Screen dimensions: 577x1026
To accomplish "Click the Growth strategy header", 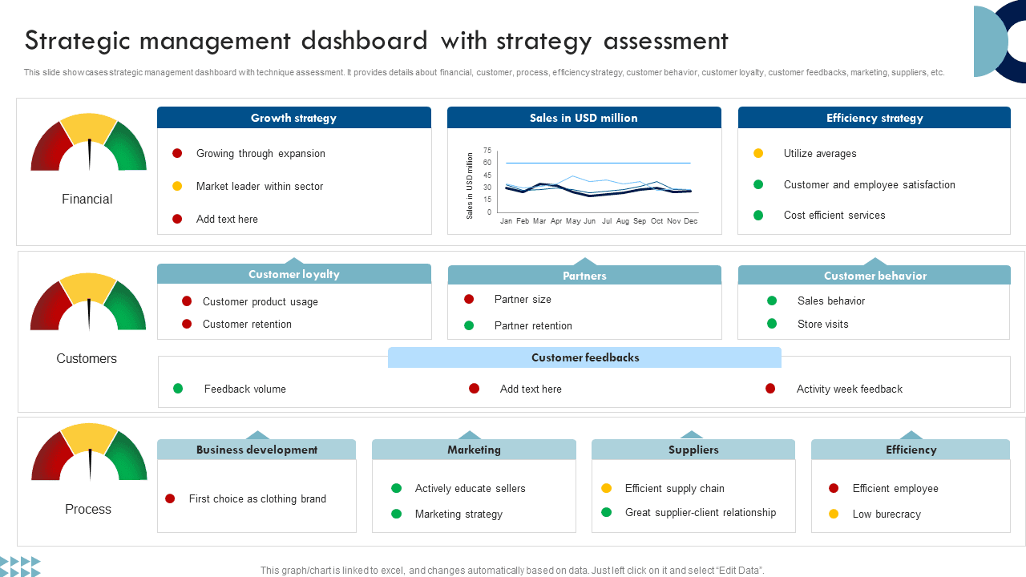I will click(293, 118).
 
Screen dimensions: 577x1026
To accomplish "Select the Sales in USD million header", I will click(584, 118).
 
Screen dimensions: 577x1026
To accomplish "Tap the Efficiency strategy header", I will click(875, 118).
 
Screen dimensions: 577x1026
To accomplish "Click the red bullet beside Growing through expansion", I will click(177, 153).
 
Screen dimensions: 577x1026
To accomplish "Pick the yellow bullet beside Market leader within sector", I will click(177, 186).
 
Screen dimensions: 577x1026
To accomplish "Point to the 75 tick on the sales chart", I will click(487, 151).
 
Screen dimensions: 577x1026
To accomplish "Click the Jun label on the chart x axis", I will click(590, 221).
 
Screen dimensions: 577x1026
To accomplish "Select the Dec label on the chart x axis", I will click(690, 221).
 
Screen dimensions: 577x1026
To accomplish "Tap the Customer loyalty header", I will click(294, 274).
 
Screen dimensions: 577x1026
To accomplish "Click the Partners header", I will click(584, 276).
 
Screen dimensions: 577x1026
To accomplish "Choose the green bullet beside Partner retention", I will click(469, 325).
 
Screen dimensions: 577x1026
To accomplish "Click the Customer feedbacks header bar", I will click(585, 357).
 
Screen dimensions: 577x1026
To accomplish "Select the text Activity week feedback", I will click(849, 389).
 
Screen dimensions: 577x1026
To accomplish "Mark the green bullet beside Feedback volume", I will click(178, 389).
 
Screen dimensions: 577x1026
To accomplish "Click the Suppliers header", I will click(693, 450).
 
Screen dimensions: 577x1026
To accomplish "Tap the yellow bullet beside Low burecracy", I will click(834, 514).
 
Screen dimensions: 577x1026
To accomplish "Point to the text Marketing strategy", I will click(458, 514).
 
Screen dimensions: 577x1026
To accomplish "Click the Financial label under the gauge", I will click(87, 199).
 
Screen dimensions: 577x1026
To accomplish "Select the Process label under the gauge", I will click(88, 509).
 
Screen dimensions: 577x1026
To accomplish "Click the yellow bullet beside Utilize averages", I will click(758, 153).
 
